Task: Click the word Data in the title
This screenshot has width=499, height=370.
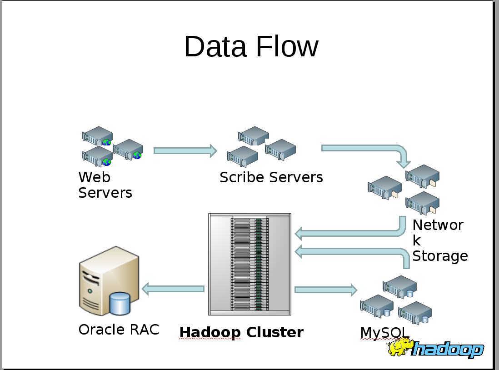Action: click(216, 46)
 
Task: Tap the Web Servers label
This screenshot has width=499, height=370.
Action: click(105, 185)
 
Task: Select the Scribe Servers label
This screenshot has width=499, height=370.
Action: click(271, 177)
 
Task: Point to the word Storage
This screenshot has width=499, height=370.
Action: click(439, 256)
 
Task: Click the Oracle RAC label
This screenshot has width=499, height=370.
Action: click(119, 330)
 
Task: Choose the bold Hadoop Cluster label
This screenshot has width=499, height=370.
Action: click(241, 332)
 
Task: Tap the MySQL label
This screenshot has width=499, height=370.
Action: click(384, 333)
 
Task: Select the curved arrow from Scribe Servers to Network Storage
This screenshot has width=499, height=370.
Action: click(364, 149)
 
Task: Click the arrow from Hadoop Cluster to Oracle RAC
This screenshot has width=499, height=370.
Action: click(173, 289)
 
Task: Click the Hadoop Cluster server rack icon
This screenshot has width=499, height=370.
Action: click(249, 264)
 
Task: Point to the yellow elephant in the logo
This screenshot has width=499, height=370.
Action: click(400, 348)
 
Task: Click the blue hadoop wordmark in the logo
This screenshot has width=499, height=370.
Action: click(447, 350)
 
